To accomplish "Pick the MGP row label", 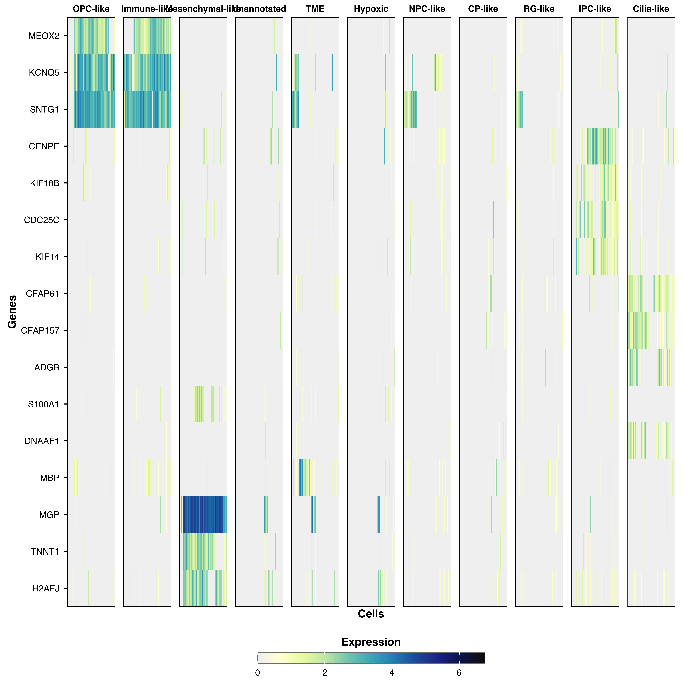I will pos(49,515).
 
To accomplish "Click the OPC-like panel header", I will pos(91,9).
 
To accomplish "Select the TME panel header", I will pos(315,9).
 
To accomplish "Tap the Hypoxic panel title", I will pos(371,9).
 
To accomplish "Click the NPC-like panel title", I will pos(427,9).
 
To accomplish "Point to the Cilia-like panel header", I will pos(651,9).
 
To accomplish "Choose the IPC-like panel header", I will pos(595,9).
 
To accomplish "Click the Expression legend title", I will pos(371,642).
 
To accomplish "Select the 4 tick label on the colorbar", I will pos(392,673).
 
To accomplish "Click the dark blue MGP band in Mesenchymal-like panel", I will pos(204,515).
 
